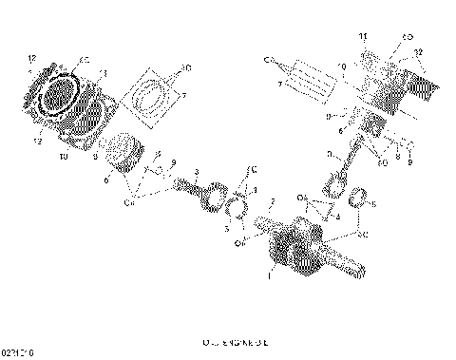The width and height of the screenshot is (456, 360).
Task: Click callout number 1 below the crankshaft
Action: click(269, 276)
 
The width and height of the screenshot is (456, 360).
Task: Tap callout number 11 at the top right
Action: click(362, 35)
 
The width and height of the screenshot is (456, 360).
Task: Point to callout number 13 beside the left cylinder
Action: click(103, 72)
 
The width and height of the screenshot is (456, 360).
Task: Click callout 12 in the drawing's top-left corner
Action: click(31, 57)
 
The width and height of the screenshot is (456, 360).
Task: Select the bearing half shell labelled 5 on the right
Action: click(361, 200)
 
